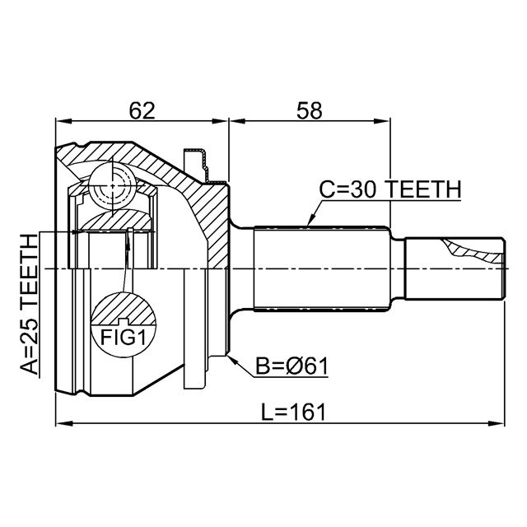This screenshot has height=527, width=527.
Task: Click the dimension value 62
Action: coord(142,110)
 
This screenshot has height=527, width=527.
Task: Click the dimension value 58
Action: coord(309,110)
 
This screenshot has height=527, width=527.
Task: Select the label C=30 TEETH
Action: coord(389,190)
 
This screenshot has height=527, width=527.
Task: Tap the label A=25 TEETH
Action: coord(30,305)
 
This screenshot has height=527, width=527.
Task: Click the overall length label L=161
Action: coord(294,412)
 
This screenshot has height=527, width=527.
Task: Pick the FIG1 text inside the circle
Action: coord(124,338)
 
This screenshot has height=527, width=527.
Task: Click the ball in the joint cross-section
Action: coord(112,187)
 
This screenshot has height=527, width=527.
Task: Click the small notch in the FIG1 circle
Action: coord(123,320)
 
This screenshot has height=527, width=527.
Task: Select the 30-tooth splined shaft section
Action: coord(321,269)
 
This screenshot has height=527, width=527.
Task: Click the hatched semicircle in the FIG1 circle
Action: coord(124,309)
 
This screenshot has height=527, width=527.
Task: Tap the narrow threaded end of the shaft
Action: coord(454,269)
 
